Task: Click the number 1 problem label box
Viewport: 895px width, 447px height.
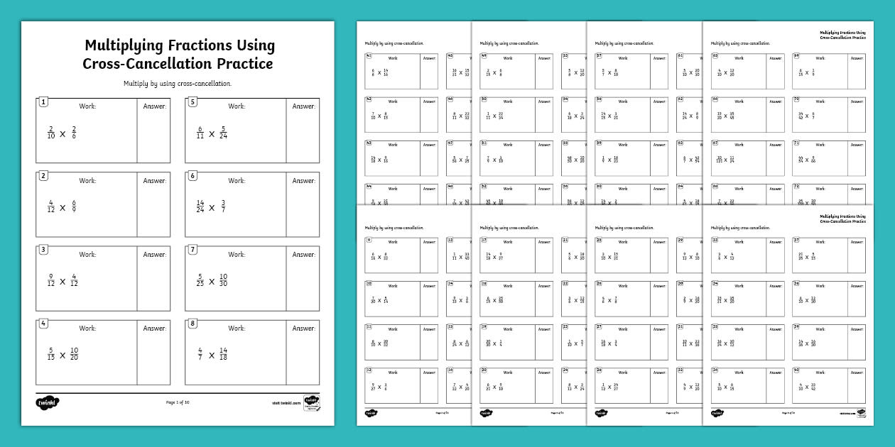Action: [43, 102]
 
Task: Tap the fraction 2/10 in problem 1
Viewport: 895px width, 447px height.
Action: [50, 133]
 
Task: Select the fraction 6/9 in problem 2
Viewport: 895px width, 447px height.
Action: [73, 207]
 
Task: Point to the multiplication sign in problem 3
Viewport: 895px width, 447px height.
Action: [63, 281]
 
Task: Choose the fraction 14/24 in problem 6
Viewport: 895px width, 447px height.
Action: [200, 207]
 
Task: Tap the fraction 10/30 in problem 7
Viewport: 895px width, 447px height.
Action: [224, 281]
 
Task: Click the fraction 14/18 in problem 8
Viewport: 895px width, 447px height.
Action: [223, 355]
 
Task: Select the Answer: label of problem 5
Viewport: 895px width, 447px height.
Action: [303, 106]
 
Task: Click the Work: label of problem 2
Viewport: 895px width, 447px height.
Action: [87, 181]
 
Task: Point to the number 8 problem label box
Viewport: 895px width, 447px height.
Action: [192, 324]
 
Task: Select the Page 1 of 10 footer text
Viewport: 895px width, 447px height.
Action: [178, 402]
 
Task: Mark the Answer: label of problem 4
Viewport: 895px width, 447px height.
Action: [154, 329]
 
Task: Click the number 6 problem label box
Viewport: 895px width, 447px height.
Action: [192, 176]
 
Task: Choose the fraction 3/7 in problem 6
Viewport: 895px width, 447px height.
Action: [222, 207]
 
